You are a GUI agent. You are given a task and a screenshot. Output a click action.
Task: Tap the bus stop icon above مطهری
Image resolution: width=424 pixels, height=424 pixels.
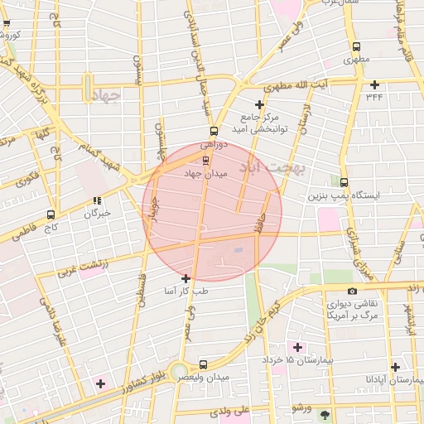(x=356, y=47)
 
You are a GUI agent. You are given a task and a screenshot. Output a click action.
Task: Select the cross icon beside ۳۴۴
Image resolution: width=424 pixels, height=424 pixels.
(x=375, y=84)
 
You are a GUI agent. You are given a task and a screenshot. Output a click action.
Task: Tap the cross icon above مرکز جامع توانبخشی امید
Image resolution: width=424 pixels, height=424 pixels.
(x=260, y=104)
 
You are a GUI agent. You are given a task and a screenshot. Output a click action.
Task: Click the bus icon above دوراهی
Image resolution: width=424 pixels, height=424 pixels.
(x=214, y=131)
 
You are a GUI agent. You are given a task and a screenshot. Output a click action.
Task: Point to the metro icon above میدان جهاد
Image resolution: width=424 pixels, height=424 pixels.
(x=205, y=160)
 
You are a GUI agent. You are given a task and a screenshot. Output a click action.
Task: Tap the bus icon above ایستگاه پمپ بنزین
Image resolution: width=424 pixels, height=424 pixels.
(x=344, y=183)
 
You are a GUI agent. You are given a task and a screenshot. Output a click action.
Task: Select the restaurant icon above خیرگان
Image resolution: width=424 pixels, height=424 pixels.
(x=98, y=200)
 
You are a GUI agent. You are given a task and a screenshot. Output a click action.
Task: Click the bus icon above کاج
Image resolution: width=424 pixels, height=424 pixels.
(x=51, y=214)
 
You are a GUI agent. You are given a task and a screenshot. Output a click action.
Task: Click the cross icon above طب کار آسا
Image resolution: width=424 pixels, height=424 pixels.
(x=185, y=279)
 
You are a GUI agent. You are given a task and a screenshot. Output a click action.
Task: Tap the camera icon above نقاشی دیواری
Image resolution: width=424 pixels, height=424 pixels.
(x=353, y=291)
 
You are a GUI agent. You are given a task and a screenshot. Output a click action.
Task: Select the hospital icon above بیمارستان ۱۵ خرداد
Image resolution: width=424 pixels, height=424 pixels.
(x=296, y=346)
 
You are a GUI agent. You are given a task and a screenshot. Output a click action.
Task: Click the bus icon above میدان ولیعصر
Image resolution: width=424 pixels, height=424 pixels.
(x=204, y=364)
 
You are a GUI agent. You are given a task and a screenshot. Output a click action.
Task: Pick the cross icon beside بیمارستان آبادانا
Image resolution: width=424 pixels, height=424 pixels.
(x=395, y=367)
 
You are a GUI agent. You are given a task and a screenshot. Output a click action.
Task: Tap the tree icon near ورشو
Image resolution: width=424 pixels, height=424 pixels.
(x=324, y=413)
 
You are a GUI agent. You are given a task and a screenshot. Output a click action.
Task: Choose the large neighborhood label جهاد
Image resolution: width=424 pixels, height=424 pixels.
(x=104, y=94)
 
